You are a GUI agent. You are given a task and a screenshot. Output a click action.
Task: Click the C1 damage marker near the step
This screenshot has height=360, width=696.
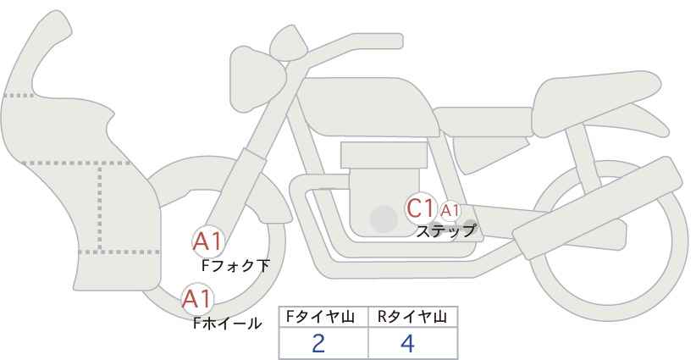point(421,208)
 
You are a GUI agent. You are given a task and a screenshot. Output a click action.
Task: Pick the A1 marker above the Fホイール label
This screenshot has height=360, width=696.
point(197,299)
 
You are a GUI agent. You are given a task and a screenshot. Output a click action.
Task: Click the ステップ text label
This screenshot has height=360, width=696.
point(445,230)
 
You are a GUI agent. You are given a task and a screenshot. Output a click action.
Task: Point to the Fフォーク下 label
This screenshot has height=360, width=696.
point(235,266)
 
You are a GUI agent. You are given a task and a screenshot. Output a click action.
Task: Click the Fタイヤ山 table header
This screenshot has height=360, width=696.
point(323,317)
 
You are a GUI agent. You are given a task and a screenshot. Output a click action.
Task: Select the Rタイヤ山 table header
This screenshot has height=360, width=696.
point(412,317)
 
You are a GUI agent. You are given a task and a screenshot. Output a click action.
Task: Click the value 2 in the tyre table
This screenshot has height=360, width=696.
point(318,344)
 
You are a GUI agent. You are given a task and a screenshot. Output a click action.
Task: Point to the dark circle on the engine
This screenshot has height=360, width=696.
point(384,219)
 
